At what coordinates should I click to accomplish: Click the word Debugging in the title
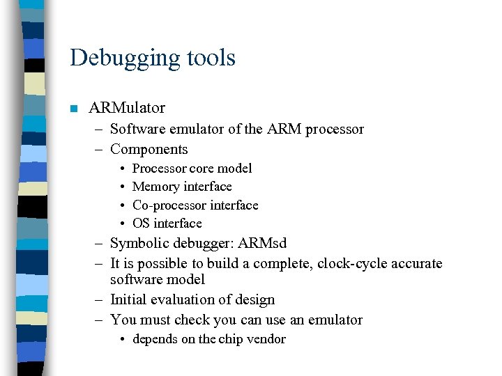(x=114, y=58)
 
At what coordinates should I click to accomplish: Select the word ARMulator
(x=127, y=108)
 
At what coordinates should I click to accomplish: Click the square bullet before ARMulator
(x=73, y=109)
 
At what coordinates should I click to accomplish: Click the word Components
(x=149, y=149)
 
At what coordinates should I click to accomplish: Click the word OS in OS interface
(x=141, y=224)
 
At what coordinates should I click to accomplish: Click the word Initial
(x=129, y=299)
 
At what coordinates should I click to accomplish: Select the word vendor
(x=266, y=339)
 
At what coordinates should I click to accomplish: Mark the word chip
(x=231, y=339)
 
